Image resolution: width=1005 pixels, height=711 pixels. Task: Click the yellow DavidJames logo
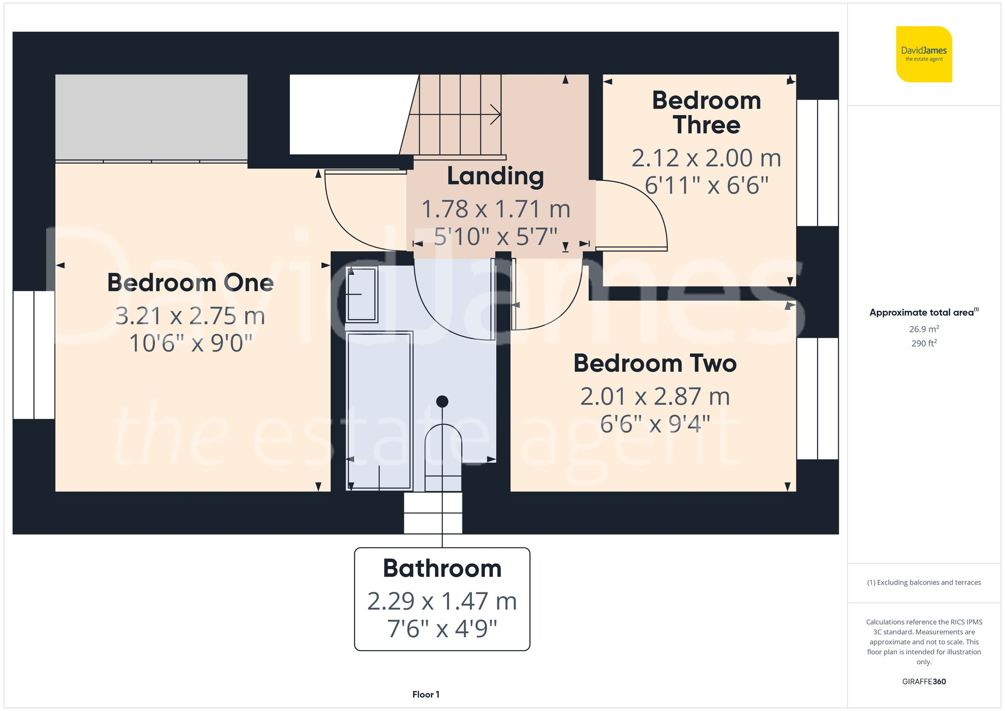pos(924,54)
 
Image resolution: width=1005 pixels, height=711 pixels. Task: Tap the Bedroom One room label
pos(190,283)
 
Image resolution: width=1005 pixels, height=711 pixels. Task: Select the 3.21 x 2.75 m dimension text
pos(190,316)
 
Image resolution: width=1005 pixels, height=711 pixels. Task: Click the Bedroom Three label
pos(706,113)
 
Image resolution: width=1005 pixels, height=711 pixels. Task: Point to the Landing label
pos(495,176)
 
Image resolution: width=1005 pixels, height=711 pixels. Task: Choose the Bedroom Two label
pos(655,363)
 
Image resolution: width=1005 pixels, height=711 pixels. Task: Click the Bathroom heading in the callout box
pos(442,568)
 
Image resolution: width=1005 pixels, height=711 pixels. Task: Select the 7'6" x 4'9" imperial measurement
pos(442,629)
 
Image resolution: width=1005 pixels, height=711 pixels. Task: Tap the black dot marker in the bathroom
pos(442,401)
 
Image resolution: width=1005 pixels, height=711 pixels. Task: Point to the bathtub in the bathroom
pos(379,410)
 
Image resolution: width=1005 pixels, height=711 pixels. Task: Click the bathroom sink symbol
pos(361,294)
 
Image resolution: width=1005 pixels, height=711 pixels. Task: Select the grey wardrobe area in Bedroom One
pos(151,117)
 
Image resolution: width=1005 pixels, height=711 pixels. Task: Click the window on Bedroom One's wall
pos(34,355)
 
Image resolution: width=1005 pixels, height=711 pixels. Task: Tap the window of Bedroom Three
pos(818,163)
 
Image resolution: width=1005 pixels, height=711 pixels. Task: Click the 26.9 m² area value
pos(924,329)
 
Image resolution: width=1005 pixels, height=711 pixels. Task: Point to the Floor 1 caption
pos(426,694)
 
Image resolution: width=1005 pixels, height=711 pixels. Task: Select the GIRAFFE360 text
pos(924,681)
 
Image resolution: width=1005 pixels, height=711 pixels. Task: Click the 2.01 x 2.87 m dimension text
pos(655,396)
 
